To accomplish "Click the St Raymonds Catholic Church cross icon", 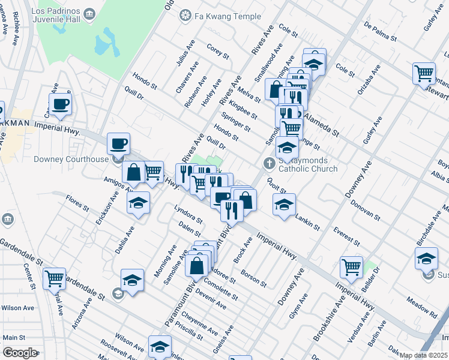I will tap(270, 163).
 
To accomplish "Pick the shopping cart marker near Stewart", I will tap(424, 73).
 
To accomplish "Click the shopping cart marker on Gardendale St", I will tap(55, 278).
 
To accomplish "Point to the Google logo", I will tap(20, 353).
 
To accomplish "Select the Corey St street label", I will tap(218, 50).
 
